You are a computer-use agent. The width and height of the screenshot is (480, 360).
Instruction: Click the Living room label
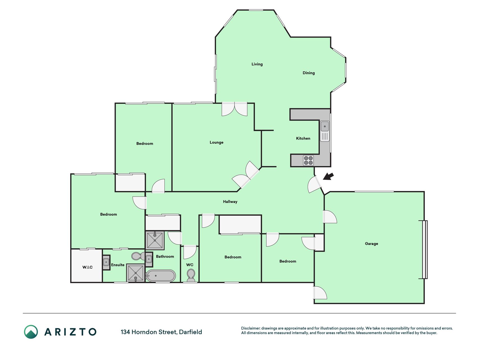[x=257, y=64]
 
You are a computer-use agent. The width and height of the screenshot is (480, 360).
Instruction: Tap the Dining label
[x=308, y=73]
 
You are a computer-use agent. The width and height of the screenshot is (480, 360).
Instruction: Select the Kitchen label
[x=303, y=138]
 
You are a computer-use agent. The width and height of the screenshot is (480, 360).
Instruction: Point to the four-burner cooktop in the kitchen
[x=308, y=161]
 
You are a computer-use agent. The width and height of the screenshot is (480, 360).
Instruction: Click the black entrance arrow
[x=328, y=177]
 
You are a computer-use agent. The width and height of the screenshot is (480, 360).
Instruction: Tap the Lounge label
[x=217, y=142]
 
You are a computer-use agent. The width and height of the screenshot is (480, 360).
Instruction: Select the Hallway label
[x=230, y=202]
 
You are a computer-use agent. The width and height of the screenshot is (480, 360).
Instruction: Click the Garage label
[x=371, y=244]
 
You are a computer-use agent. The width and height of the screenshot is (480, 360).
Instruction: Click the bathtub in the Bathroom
[x=161, y=276]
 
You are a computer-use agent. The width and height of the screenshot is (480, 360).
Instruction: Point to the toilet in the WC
[x=191, y=275]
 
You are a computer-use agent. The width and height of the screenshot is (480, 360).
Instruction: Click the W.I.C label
[x=87, y=267]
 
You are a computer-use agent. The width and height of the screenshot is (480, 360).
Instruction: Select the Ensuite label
[x=118, y=265]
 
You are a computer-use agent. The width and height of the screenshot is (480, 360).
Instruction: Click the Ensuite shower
[x=136, y=273]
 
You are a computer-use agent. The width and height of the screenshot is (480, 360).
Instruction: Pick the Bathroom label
[x=165, y=256]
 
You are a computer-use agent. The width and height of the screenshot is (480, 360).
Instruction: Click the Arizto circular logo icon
[x=31, y=332]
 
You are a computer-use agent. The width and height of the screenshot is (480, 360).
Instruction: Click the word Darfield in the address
[x=190, y=332]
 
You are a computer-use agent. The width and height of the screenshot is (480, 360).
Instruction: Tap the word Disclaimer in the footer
[x=251, y=328]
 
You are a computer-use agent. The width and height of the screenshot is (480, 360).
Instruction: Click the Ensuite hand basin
[x=106, y=262]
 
